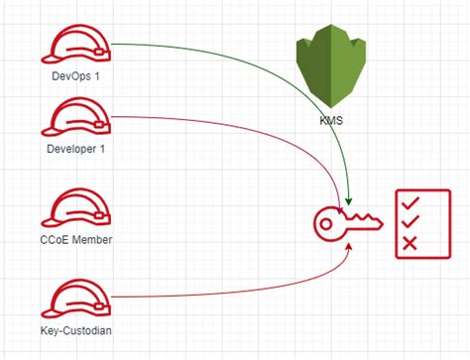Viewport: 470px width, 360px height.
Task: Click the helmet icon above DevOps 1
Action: (x=77, y=46)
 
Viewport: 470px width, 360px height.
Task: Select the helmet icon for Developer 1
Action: (x=77, y=119)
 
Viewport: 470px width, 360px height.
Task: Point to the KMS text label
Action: (x=331, y=121)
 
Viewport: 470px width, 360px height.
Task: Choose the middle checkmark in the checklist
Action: (x=410, y=224)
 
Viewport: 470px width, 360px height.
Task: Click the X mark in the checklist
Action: (x=410, y=244)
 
